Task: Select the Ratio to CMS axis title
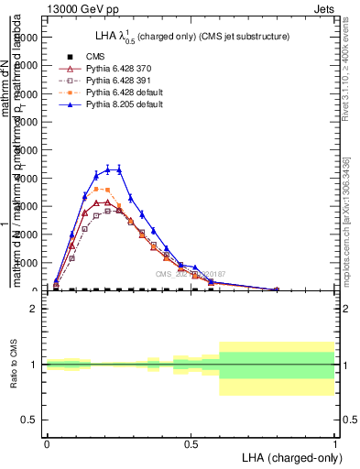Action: tap(13, 365)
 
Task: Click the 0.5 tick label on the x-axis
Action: tap(191, 442)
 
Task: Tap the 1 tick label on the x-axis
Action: tap(334, 442)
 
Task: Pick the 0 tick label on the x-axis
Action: tap(47, 442)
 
